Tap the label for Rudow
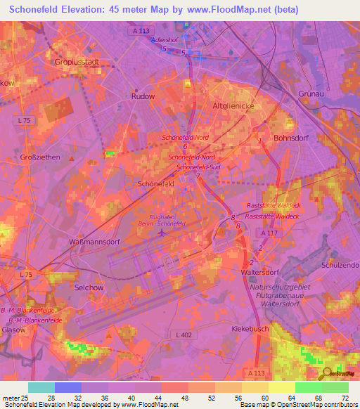tap(143, 97)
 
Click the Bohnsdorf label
tap(292, 138)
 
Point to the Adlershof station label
tap(165, 40)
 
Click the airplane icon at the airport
tap(163, 232)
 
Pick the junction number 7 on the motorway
tap(198, 176)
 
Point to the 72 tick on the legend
tap(345, 398)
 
